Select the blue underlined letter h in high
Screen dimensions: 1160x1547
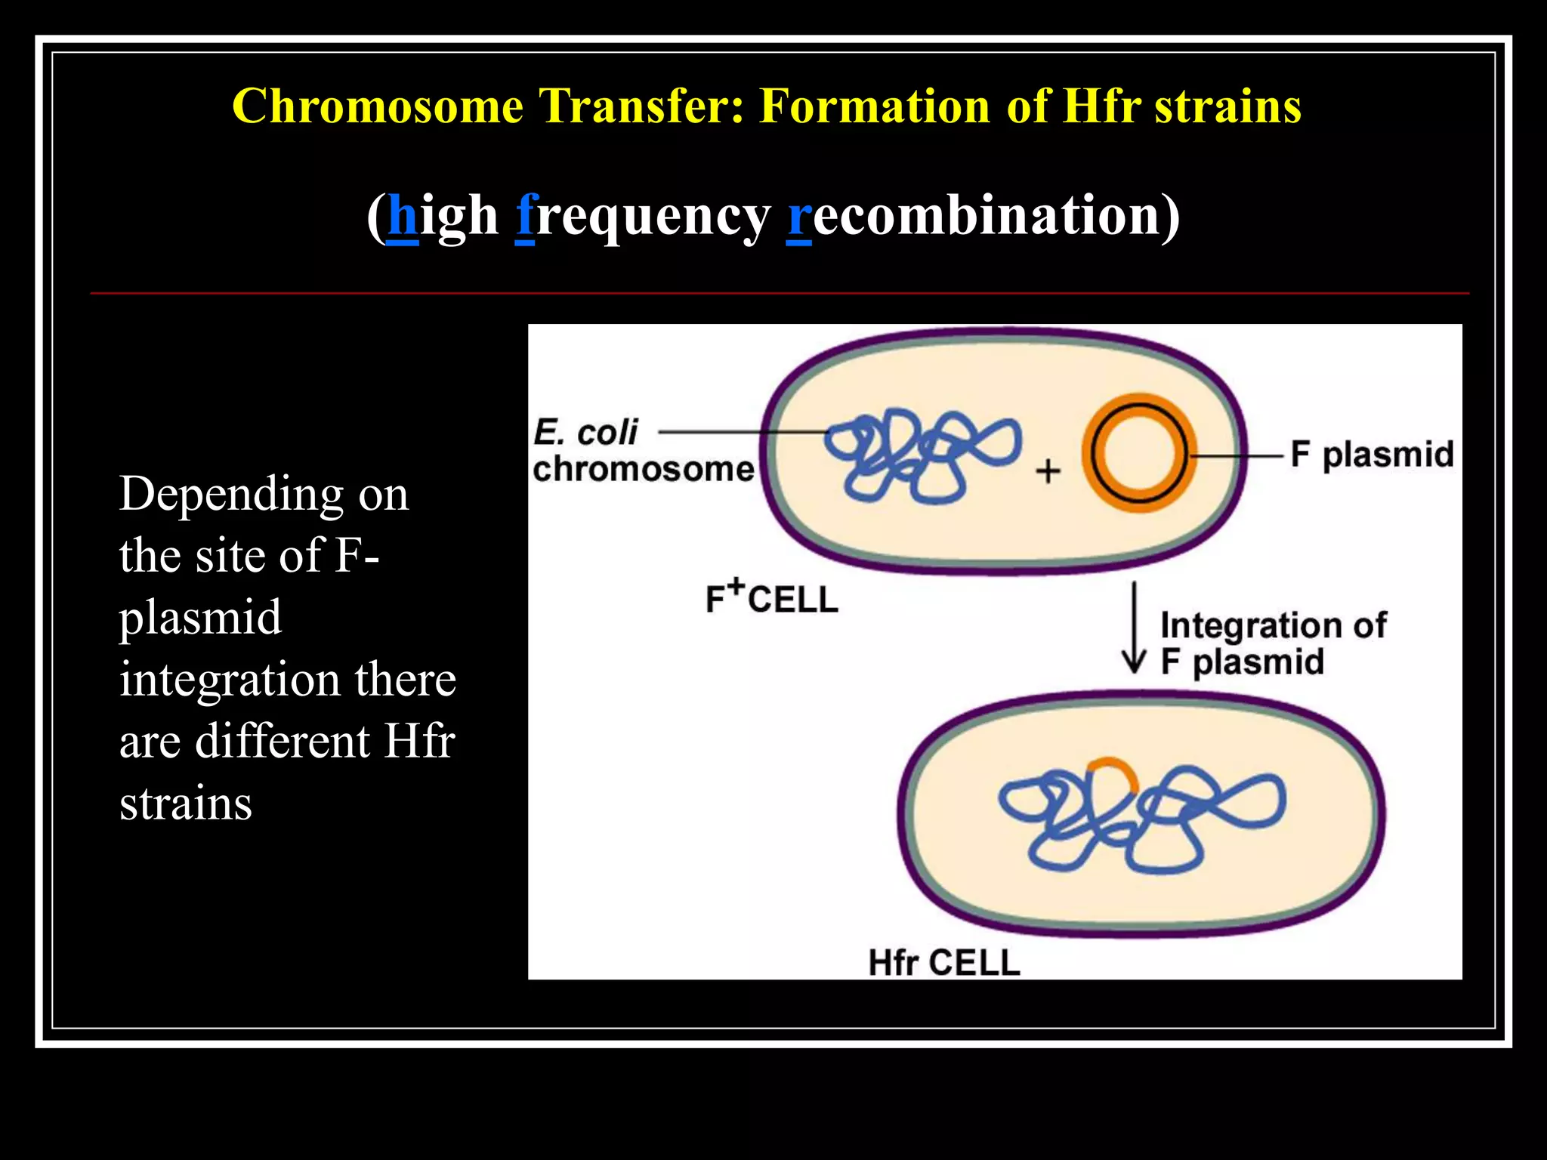click(x=403, y=216)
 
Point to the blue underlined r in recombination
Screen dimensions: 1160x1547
click(x=799, y=217)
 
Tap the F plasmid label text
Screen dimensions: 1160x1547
click(x=1372, y=455)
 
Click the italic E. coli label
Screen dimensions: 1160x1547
click(x=585, y=433)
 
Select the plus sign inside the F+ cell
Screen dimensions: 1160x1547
click(x=1048, y=471)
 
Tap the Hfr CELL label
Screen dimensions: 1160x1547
click(x=944, y=963)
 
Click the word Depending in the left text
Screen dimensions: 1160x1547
click(x=231, y=495)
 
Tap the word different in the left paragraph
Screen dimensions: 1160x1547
click(x=283, y=741)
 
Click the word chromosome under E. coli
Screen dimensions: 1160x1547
click(x=644, y=469)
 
